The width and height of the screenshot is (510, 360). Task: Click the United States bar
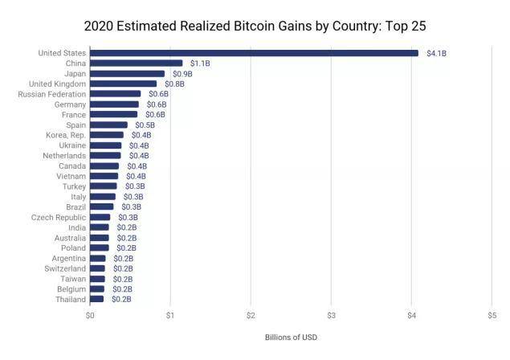pyautogui.click(x=254, y=53)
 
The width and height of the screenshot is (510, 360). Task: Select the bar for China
pyautogui.click(x=136, y=63)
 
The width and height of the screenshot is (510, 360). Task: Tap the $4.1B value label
pyautogui.click(x=436, y=53)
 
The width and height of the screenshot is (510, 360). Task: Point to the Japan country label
pyautogui.click(x=75, y=73)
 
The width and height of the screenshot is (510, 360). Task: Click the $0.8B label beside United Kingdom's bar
pyautogui.click(x=174, y=84)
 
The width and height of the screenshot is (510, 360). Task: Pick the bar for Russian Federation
pyautogui.click(x=115, y=94)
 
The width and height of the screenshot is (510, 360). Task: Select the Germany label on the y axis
pyautogui.click(x=70, y=104)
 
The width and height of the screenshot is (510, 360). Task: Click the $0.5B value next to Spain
pyautogui.click(x=145, y=125)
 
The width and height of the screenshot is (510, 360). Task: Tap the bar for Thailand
pyautogui.click(x=96, y=299)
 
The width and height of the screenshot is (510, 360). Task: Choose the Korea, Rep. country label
pyautogui.click(x=66, y=135)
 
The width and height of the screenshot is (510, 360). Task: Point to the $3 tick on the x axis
pyautogui.click(x=331, y=316)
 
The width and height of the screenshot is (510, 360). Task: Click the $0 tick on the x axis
pyautogui.click(x=90, y=316)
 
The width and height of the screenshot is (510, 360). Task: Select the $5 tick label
pyautogui.click(x=492, y=316)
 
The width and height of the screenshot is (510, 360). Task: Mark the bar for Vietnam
pyautogui.click(x=104, y=176)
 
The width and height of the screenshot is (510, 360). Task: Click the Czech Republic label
pyautogui.click(x=59, y=217)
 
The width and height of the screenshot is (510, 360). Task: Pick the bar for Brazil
pyautogui.click(x=101, y=207)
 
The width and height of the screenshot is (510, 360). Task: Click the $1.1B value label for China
pyautogui.click(x=200, y=63)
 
